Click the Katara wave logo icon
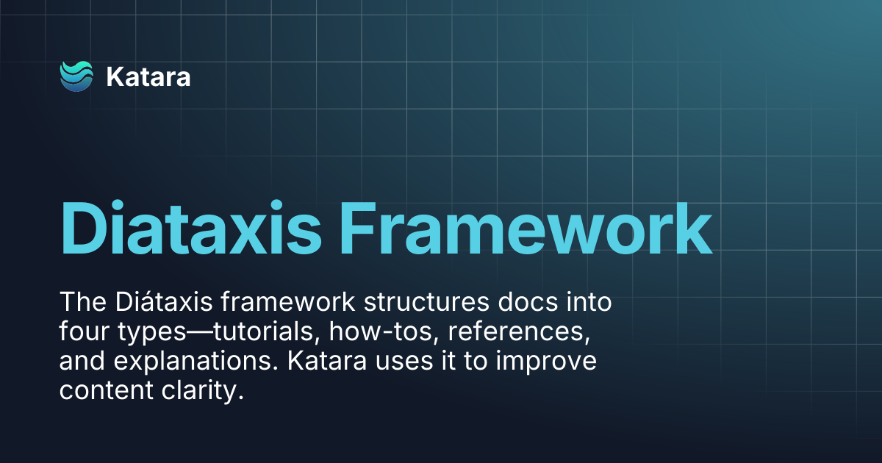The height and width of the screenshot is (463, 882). [76, 76]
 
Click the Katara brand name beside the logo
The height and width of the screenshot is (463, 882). [148, 76]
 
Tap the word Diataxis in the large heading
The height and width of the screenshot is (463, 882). [191, 229]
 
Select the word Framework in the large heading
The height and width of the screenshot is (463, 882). [526, 229]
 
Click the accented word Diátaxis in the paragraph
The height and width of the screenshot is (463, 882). [164, 302]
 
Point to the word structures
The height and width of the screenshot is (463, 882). [426, 302]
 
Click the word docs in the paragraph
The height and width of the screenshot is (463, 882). [528, 302]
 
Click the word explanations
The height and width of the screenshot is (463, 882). [196, 362]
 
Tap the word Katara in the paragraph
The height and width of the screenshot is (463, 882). [327, 361]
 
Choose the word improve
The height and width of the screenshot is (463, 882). [546, 362]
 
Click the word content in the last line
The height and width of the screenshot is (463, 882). [106, 390]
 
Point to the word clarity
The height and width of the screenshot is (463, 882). [203, 390]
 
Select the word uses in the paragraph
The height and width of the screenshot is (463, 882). [404, 362]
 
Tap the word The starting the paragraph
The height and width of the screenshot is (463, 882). [83, 302]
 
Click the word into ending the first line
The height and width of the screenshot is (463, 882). [589, 302]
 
